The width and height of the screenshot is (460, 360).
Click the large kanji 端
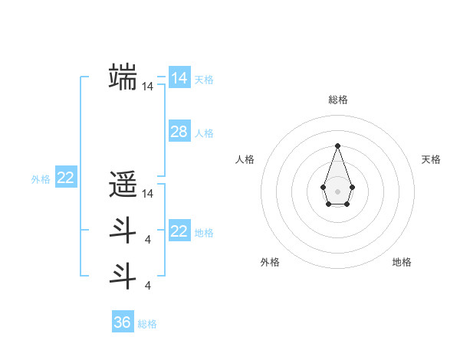123,77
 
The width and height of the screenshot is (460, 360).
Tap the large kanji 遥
123,185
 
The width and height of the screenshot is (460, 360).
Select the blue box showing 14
179,77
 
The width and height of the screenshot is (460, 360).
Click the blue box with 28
179,132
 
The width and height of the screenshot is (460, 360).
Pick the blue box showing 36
123,322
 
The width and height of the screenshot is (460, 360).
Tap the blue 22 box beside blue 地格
179,231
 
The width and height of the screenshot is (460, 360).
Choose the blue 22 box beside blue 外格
65,178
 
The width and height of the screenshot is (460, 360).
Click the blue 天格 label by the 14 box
204,80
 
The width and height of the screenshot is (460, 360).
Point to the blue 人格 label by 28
204,133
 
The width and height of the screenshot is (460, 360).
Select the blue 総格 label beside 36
147,324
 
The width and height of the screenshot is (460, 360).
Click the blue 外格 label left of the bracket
41,180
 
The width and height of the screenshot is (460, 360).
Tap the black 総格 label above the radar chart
337,100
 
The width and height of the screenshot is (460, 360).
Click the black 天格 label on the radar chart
431,159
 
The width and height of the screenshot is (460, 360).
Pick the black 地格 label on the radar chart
402,262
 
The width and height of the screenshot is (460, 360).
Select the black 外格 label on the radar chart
270,262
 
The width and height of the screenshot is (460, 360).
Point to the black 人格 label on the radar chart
245,159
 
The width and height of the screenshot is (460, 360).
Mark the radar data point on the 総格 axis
337,146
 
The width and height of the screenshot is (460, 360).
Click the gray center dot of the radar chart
337,190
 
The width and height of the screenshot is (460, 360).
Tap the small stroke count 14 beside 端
147,87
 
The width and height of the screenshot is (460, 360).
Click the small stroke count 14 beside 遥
147,195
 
